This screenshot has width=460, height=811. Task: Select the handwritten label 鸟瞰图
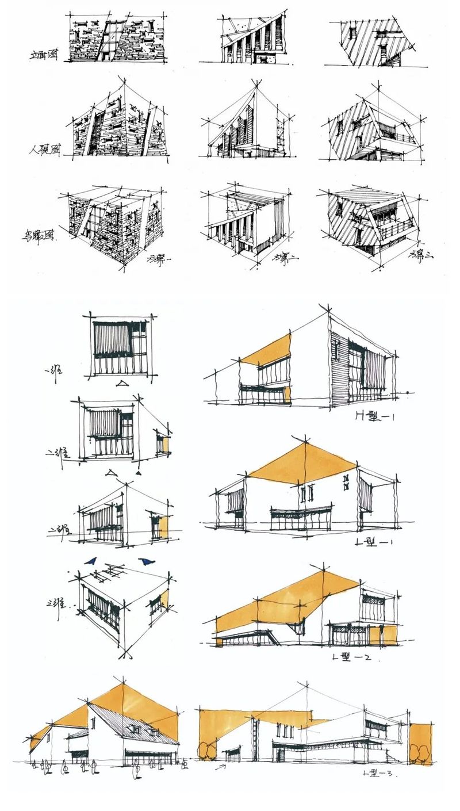click(x=39, y=236)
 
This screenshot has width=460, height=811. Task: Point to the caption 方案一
click(x=159, y=258)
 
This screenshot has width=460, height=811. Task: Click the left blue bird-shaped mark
click(x=90, y=561)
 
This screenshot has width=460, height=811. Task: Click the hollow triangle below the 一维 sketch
click(x=122, y=384)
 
